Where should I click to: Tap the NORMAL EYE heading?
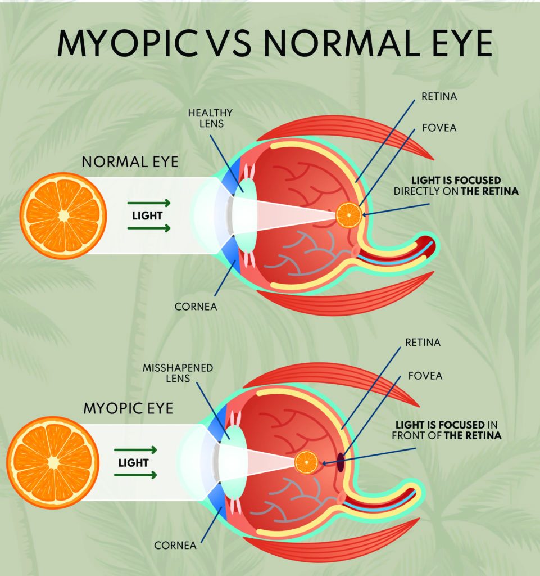click(x=130, y=161)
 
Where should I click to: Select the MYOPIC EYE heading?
click(x=128, y=408)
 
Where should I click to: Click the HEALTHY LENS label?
click(x=211, y=118)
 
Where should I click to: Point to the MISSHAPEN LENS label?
click(x=178, y=373)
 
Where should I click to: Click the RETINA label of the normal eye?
click(x=439, y=96)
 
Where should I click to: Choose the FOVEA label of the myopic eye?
click(x=425, y=376)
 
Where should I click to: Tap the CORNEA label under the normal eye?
click(x=196, y=307)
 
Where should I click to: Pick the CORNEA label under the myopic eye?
click(x=175, y=545)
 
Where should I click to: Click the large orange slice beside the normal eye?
click(x=63, y=216)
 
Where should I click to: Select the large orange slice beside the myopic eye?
click(x=53, y=462)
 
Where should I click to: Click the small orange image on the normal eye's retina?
click(x=349, y=215)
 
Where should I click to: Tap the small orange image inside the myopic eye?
click(x=307, y=462)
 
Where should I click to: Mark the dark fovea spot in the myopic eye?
click(x=341, y=462)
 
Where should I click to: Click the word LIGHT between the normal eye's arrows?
click(x=147, y=215)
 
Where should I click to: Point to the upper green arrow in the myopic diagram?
click(x=135, y=449)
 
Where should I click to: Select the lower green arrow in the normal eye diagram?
click(x=149, y=228)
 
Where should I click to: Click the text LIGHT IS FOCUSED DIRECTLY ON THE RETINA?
click(x=456, y=186)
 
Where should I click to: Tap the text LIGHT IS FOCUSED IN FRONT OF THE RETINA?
click(x=447, y=430)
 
